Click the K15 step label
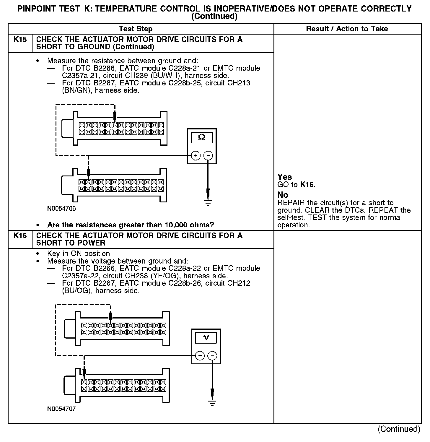click(x=20, y=39)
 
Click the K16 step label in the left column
click(x=20, y=235)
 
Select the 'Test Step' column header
click(x=136, y=29)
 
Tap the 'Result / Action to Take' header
click(x=347, y=29)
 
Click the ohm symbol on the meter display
click(x=202, y=137)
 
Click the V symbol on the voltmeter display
click(x=206, y=337)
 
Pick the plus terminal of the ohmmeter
click(x=196, y=155)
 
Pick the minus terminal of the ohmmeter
click(x=208, y=155)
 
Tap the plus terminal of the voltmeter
click(x=200, y=355)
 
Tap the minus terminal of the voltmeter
click(x=212, y=355)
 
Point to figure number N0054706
click(x=61, y=209)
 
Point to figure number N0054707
click(x=61, y=409)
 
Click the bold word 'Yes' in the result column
click(x=285, y=177)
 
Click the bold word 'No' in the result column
click(x=283, y=195)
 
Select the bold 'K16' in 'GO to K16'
click(x=307, y=185)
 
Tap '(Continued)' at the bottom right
click(x=399, y=429)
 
